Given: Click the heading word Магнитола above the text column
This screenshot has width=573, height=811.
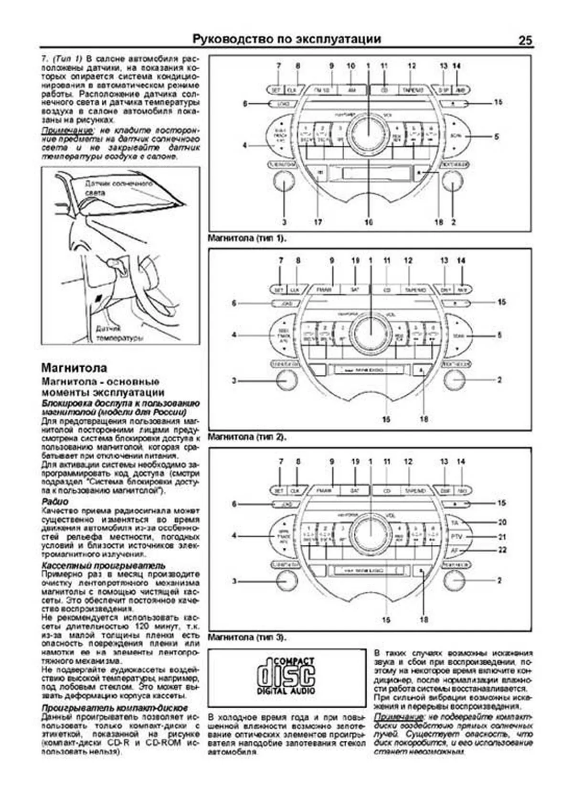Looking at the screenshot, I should pos(74,368).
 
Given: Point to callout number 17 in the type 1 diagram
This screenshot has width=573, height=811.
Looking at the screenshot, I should pos(318,222).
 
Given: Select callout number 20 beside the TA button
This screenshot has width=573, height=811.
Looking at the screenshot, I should pos(502,522).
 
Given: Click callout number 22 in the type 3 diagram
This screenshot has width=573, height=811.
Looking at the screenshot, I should pos(502,550).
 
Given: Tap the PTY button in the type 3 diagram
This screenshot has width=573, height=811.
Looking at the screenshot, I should pos(456,537).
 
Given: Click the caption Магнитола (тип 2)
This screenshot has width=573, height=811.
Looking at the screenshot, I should pos(247,437).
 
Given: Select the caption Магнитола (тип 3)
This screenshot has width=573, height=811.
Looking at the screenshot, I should pos(247,638).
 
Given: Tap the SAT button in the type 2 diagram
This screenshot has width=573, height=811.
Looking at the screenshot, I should pos(354,290).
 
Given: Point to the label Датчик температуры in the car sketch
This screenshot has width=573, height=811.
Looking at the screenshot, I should pos(120,333).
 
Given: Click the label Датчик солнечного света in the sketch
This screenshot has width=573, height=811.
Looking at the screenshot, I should pos(118,188).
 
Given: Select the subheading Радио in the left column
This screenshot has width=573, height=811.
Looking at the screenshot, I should pos(55,502).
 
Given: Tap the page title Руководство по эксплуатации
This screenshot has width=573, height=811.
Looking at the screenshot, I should pos(286,39).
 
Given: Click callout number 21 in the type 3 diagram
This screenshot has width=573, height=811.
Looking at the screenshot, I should pos(502,537).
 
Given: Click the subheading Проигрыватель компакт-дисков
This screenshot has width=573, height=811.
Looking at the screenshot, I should pos(115,708).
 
